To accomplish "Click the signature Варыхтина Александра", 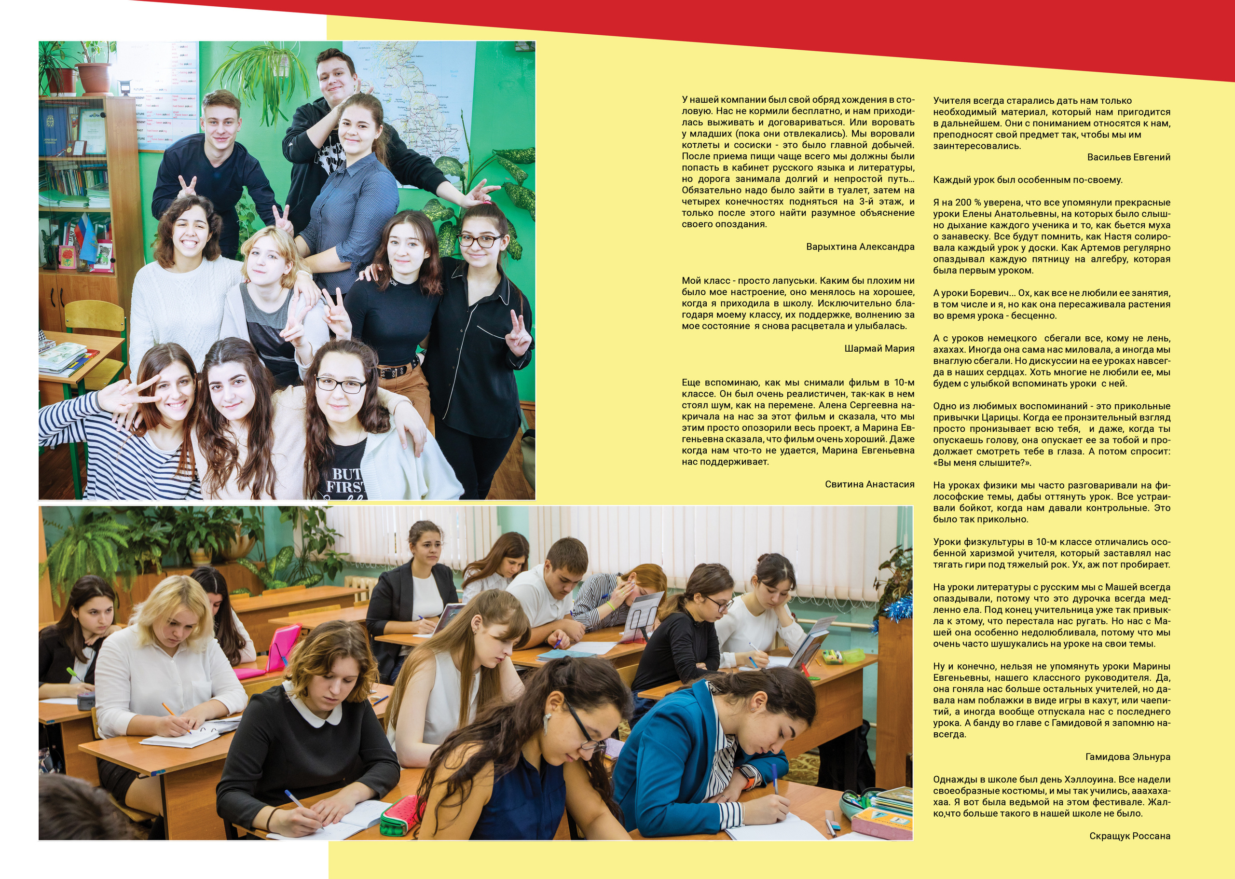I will point(860,247).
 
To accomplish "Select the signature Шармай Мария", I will point(879,349).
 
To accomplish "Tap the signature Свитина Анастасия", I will point(869,484).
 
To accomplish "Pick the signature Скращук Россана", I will point(1129,836).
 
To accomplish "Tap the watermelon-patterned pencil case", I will point(401,814).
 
